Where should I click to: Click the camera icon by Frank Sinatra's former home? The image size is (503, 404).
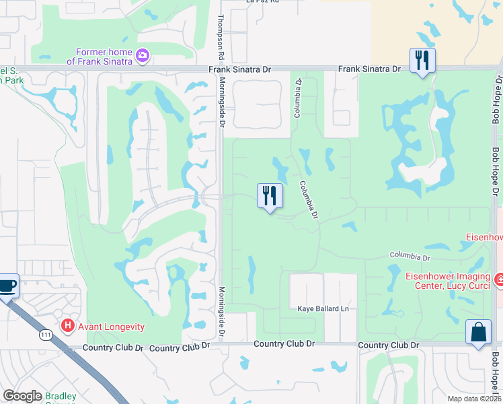click(142, 56)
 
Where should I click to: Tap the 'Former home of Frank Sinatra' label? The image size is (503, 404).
click(100, 56)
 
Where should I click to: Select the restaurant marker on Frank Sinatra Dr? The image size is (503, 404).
click(423, 61)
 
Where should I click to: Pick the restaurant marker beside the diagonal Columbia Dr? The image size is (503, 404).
click(269, 197)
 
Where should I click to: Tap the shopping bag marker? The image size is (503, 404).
click(478, 333)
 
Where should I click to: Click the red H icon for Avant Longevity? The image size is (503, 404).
click(68, 327)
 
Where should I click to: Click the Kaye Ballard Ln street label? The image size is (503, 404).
click(324, 309)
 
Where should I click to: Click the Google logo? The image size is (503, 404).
click(22, 396)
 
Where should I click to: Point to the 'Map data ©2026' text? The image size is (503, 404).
click(474, 399)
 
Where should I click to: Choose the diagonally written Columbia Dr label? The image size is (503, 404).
click(308, 200)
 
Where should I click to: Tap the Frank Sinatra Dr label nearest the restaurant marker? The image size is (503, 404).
click(369, 69)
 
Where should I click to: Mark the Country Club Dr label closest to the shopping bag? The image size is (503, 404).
click(389, 345)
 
